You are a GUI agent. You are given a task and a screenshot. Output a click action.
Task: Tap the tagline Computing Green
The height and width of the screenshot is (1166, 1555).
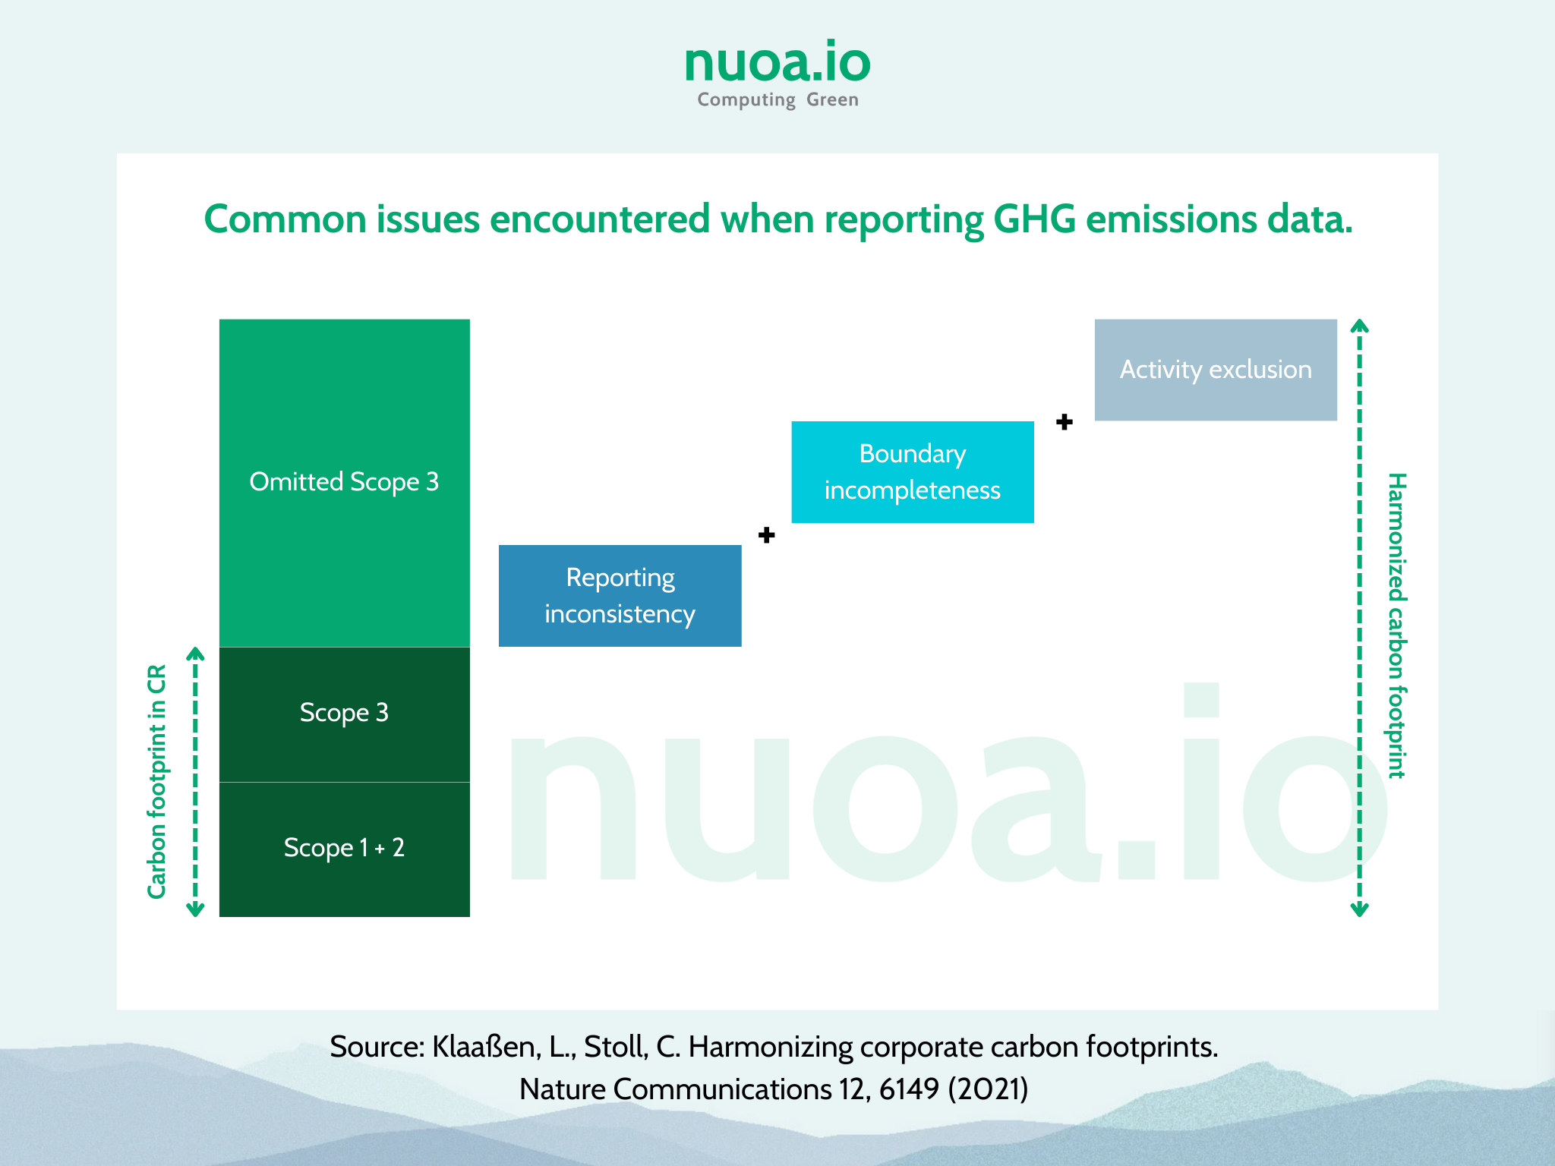[x=777, y=100]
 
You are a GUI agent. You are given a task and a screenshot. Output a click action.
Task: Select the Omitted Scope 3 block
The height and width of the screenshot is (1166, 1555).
[x=345, y=483]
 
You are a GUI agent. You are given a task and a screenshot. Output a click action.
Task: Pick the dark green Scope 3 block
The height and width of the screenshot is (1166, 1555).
[x=345, y=714]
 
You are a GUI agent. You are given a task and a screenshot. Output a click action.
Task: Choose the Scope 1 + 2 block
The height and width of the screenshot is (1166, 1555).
[x=345, y=849]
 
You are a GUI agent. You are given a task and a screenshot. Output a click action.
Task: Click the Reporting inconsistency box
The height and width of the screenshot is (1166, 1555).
[x=620, y=596]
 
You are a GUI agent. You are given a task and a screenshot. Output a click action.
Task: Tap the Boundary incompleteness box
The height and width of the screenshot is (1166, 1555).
[x=913, y=472]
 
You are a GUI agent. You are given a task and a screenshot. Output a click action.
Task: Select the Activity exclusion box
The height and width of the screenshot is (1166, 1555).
[x=1216, y=370]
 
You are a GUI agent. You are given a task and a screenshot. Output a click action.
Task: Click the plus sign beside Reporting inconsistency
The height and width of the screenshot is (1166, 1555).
[x=767, y=535]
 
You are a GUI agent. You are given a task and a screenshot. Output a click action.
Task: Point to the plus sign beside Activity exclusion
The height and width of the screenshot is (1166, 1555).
[x=1065, y=422]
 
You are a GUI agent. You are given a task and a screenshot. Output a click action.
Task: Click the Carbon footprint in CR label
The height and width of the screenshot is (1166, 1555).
[x=157, y=782]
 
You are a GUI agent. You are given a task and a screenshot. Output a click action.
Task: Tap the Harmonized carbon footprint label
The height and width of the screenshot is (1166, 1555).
[x=1397, y=626]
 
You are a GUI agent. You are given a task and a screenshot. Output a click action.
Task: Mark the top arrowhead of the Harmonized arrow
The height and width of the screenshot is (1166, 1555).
[x=1360, y=326]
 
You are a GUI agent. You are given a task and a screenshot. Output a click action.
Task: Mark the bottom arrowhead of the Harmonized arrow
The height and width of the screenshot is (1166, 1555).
[x=1360, y=909]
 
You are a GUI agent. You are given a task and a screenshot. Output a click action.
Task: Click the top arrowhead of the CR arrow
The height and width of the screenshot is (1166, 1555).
[x=196, y=654]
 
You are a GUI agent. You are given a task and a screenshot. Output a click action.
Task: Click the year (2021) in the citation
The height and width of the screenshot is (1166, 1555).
[x=988, y=1089]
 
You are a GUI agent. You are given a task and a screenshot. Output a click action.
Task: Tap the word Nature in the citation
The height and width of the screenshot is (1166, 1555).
[x=563, y=1089]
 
